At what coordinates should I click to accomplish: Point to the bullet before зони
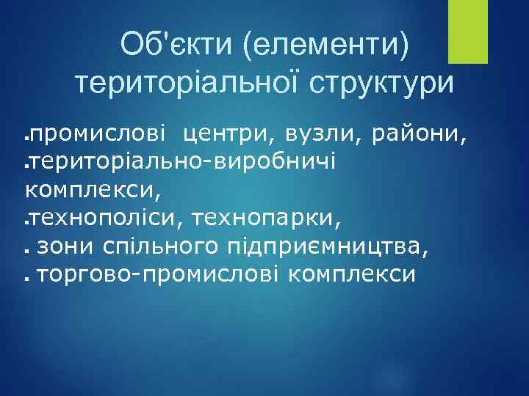point(27,250)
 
